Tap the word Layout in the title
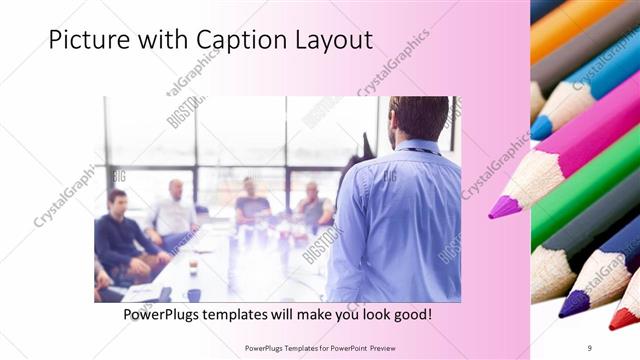point(332,40)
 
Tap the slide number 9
point(589,347)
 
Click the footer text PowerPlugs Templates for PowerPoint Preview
point(329,347)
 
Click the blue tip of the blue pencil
point(541,128)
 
